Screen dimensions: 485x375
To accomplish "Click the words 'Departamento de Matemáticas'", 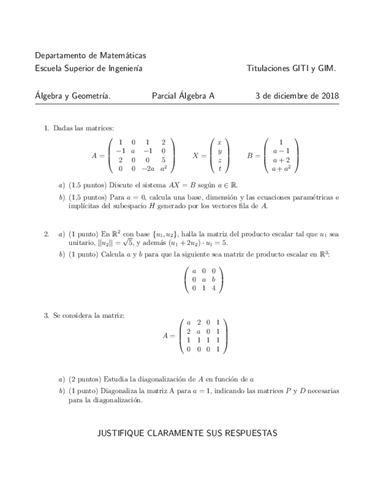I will click(x=90, y=55).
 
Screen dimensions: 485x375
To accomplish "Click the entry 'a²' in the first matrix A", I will click(x=163, y=169).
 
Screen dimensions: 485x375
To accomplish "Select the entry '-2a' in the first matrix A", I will click(x=147, y=169).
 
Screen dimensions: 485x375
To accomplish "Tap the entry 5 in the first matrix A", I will click(x=163, y=160).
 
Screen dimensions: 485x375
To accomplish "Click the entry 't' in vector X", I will click(x=220, y=169).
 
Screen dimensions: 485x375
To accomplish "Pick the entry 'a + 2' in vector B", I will click(x=281, y=160).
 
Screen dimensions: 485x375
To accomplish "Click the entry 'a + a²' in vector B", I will click(x=281, y=169).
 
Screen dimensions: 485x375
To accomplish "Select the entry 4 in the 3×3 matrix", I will click(x=214, y=288).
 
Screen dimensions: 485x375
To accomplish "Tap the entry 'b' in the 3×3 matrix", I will click(x=214, y=280).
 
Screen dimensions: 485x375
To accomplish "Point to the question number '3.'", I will click(x=47, y=316).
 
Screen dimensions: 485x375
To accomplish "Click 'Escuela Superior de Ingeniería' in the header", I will click(x=89, y=69).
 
